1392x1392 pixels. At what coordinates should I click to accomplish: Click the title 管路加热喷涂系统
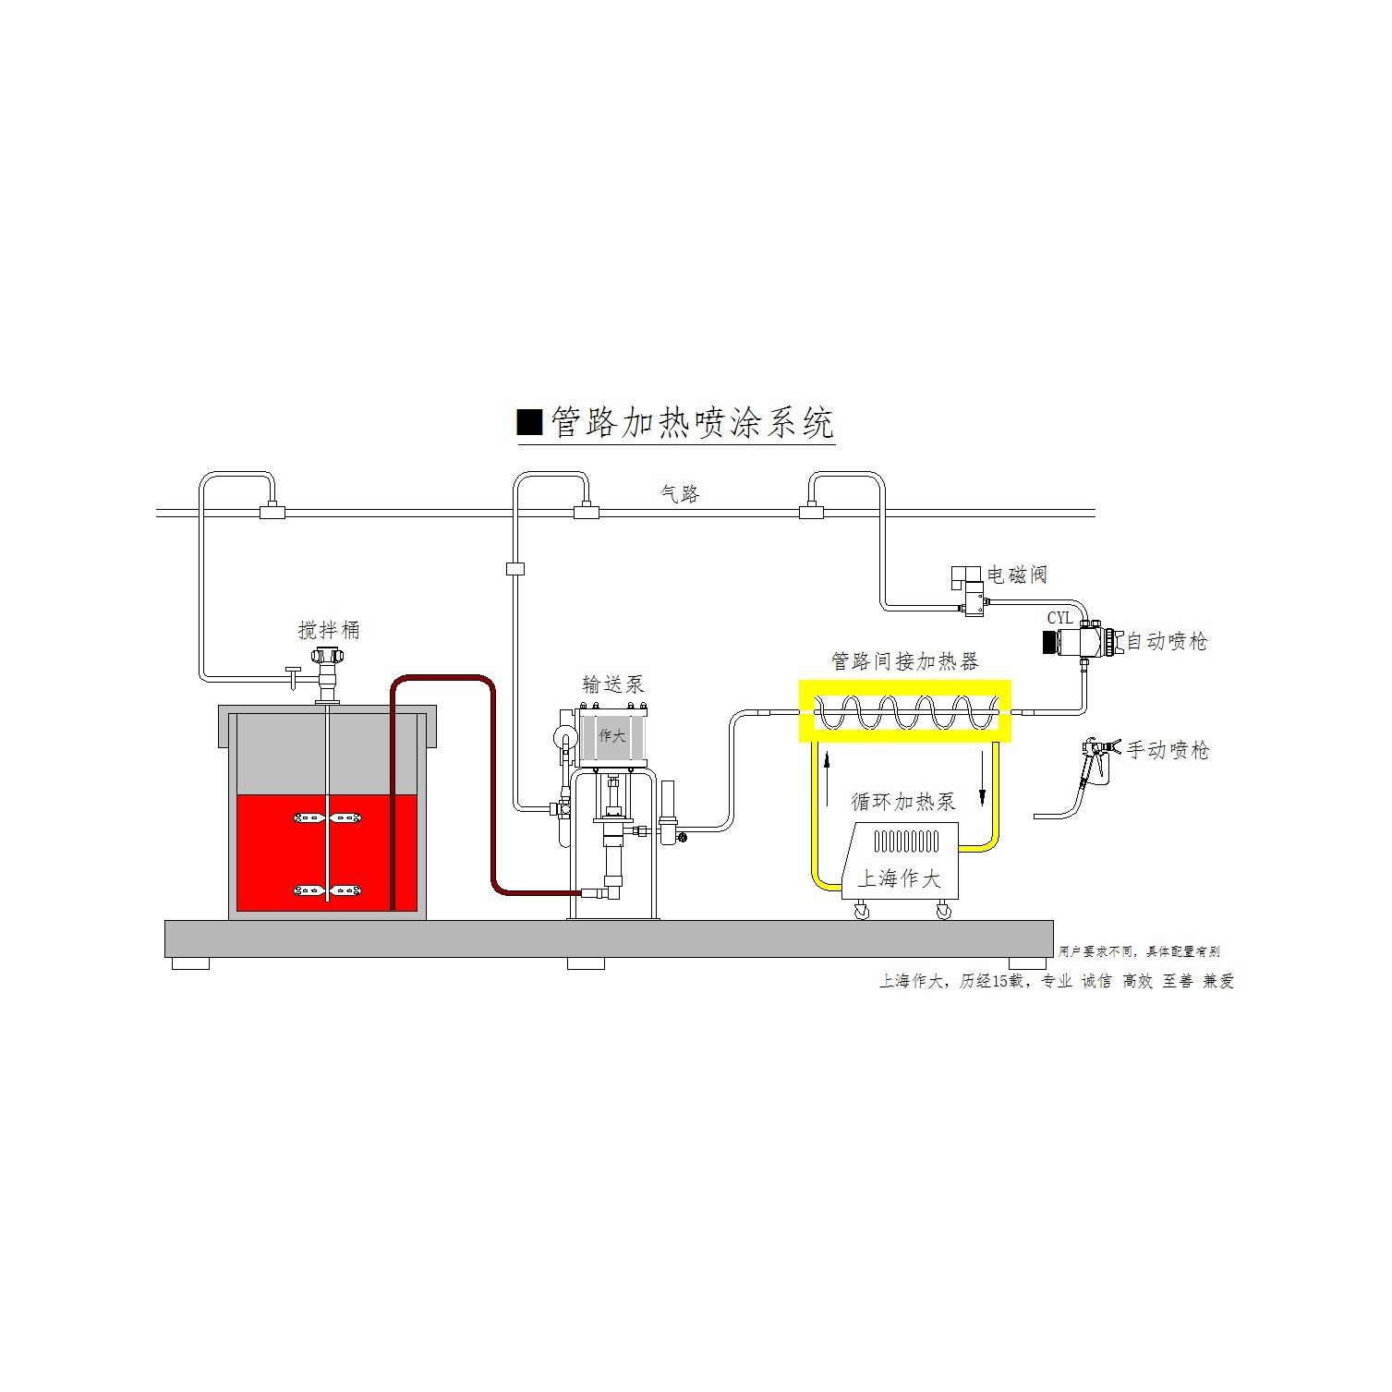[692, 423]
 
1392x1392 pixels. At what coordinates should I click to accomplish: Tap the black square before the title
[529, 422]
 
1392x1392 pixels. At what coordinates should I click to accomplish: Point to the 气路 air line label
[681, 494]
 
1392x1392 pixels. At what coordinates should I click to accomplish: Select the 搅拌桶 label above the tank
[329, 631]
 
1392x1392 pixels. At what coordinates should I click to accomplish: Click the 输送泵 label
[612, 684]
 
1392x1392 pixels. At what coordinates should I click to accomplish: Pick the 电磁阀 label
[1017, 575]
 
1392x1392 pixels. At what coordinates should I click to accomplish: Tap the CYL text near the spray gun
[1059, 618]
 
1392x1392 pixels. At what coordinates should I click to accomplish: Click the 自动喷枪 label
[1167, 641]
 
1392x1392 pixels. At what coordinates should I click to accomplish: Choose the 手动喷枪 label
[1168, 750]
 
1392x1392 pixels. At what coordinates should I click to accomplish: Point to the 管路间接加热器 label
[904, 661]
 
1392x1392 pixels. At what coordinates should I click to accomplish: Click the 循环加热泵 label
[903, 801]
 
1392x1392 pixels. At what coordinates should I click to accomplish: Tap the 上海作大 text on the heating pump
[899, 878]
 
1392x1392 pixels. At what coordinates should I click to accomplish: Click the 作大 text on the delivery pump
[611, 736]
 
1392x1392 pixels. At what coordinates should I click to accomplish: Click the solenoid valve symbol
[971, 591]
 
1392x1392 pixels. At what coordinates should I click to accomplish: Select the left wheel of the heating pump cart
[862, 913]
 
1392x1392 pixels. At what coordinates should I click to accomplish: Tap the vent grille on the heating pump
[906, 841]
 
